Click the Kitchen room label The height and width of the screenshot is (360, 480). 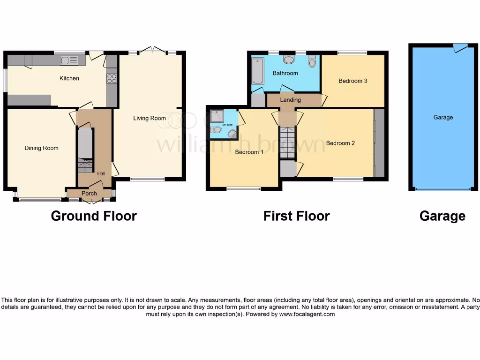point(69,78)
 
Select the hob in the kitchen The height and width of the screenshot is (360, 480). point(112,78)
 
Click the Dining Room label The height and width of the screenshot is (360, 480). point(41,148)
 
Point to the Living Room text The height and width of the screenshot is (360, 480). point(149,118)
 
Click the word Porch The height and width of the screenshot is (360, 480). point(89,193)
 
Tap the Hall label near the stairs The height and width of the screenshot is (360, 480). point(101,173)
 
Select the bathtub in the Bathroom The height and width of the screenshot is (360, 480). point(258,71)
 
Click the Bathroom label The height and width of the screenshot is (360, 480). point(285,73)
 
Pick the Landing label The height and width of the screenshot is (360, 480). point(291,100)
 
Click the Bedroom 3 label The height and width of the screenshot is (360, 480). point(352,81)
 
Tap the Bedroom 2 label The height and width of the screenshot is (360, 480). point(340,143)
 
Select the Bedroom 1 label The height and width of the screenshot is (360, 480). point(249,152)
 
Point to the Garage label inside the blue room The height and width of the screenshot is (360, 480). point(443,117)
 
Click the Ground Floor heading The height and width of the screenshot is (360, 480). point(94,216)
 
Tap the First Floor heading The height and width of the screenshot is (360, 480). point(296,216)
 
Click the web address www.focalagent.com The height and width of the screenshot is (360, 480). point(307,314)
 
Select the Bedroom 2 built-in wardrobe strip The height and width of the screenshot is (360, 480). point(379,143)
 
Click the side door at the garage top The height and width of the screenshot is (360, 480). point(460,47)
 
